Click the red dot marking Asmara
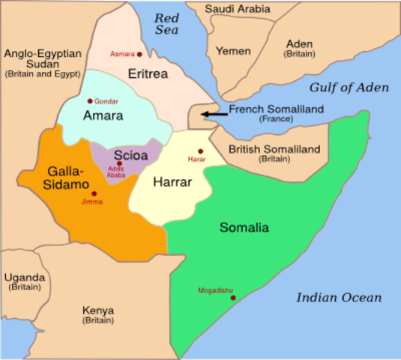click(x=139, y=54)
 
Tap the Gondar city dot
click(x=90, y=101)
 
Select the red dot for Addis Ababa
click(x=118, y=163)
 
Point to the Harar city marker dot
click(x=200, y=151)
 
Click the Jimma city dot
click(x=94, y=193)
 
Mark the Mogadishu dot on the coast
click(x=233, y=298)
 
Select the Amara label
click(x=103, y=116)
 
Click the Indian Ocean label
click(x=338, y=298)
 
